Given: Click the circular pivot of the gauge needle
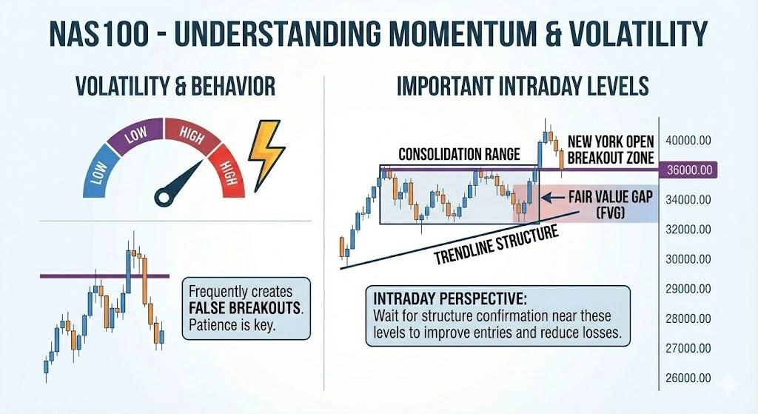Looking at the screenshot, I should pyautogui.click(x=164, y=196).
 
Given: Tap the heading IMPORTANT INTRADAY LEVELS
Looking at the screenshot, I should pyautogui.click(x=523, y=87).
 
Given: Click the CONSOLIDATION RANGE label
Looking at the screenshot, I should pyautogui.click(x=459, y=154).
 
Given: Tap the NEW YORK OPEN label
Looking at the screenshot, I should pyautogui.click(x=609, y=141).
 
